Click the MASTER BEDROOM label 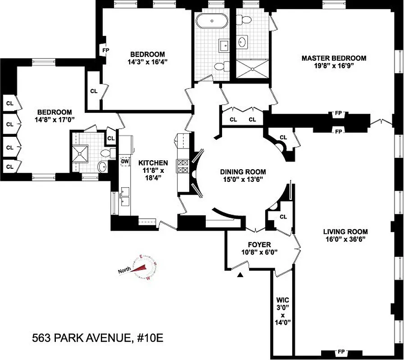pos(334,58)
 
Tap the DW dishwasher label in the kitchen pos(125,161)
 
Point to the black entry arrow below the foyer pos(241,274)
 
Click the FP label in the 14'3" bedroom pos(106,50)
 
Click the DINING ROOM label pos(243,171)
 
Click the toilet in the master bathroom pos(246,20)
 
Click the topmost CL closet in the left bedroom pos(10,103)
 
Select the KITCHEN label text pos(153,163)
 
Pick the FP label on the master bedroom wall pos(338,114)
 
